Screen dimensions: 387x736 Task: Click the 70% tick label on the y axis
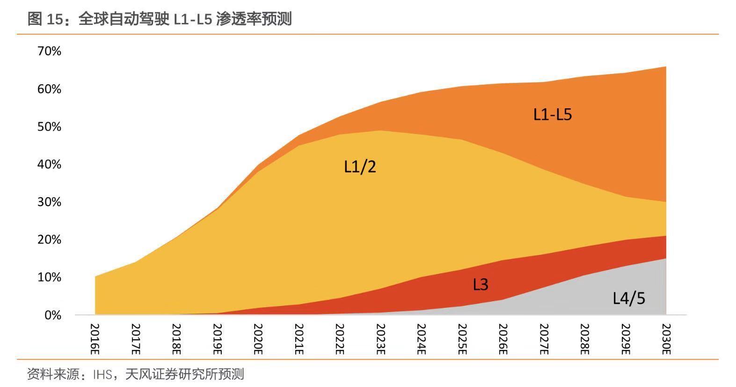click(x=50, y=51)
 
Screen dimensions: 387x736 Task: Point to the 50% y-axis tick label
click(x=50, y=127)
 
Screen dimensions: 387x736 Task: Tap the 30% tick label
click(x=50, y=202)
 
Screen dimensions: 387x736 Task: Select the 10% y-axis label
click(x=50, y=277)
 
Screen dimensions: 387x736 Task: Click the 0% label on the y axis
click(x=53, y=315)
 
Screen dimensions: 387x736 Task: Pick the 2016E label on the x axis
click(x=95, y=339)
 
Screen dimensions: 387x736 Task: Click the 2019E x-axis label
click(x=217, y=339)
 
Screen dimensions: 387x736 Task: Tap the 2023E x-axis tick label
click(x=380, y=339)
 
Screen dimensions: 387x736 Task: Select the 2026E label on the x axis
click(x=503, y=339)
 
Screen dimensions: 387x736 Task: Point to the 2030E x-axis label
click(x=666, y=339)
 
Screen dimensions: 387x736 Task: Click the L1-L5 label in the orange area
click(x=553, y=115)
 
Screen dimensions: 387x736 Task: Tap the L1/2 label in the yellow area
click(x=360, y=167)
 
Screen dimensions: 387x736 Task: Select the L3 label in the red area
click(x=481, y=284)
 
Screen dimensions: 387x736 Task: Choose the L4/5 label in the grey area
click(x=629, y=298)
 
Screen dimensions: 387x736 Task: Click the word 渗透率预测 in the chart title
click(x=254, y=19)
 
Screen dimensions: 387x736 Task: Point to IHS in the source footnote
click(x=102, y=374)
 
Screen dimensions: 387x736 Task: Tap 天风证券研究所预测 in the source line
click(x=184, y=374)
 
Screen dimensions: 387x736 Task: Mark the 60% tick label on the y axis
click(x=50, y=89)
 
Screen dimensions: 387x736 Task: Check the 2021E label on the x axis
click(x=299, y=339)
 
